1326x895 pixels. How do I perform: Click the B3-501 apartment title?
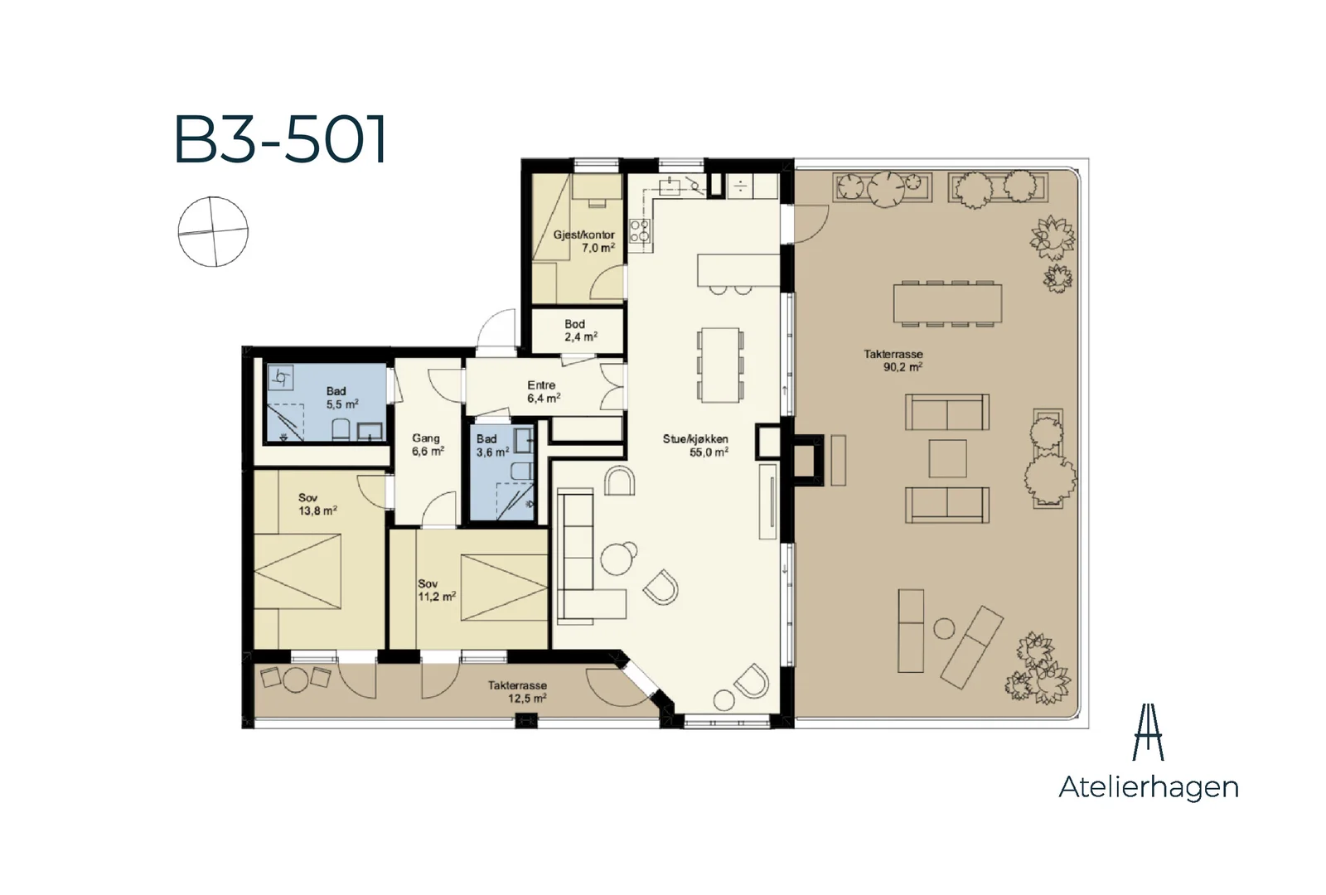coord(281,139)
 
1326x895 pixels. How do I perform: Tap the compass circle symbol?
coord(213,231)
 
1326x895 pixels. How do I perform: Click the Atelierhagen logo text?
coord(1149,788)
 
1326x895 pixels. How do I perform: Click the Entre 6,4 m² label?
coord(544,392)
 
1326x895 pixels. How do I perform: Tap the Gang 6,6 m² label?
coord(428,444)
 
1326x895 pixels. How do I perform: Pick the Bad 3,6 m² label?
coord(492,445)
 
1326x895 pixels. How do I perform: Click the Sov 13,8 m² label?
coord(317,505)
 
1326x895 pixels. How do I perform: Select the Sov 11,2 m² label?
coord(437,590)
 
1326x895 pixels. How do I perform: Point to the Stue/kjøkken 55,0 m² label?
coord(695,445)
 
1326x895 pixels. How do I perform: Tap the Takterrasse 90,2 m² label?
coord(894,360)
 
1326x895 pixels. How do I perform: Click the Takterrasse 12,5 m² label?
coord(517,691)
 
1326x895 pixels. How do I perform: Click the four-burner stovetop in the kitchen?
coord(640,231)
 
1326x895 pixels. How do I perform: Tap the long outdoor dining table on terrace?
coord(947,303)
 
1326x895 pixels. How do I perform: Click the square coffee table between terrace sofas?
coord(948,458)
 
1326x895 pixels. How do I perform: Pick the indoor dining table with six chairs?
coord(720,365)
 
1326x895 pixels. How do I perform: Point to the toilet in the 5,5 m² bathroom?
coord(341,430)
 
